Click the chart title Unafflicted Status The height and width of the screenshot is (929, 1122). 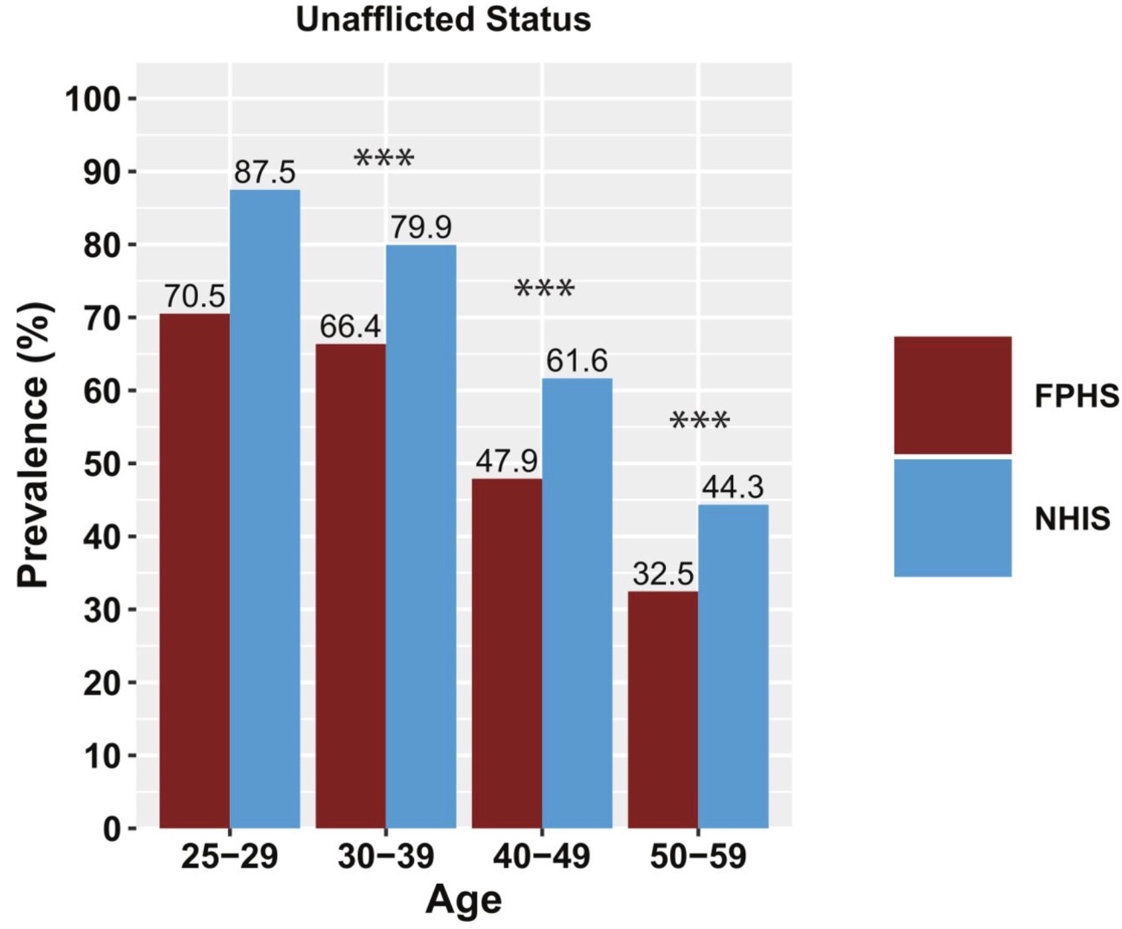443,19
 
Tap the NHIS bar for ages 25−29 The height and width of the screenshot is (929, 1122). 265,508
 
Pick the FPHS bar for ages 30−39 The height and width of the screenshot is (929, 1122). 350,585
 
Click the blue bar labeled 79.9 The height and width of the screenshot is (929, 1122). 421,536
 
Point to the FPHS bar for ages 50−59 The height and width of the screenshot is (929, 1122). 663,709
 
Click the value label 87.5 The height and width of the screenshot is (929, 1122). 265,172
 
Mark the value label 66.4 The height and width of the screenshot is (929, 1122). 350,326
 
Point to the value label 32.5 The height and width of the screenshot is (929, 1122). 663,573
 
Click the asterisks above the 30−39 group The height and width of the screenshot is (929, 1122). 384,159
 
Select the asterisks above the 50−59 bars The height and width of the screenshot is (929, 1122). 700,421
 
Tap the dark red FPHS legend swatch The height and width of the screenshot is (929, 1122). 952,395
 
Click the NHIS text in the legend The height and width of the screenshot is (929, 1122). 1071,518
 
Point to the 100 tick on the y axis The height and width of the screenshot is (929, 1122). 92,100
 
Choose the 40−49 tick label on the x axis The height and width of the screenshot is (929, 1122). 541,857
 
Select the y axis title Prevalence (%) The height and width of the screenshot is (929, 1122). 33,445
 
